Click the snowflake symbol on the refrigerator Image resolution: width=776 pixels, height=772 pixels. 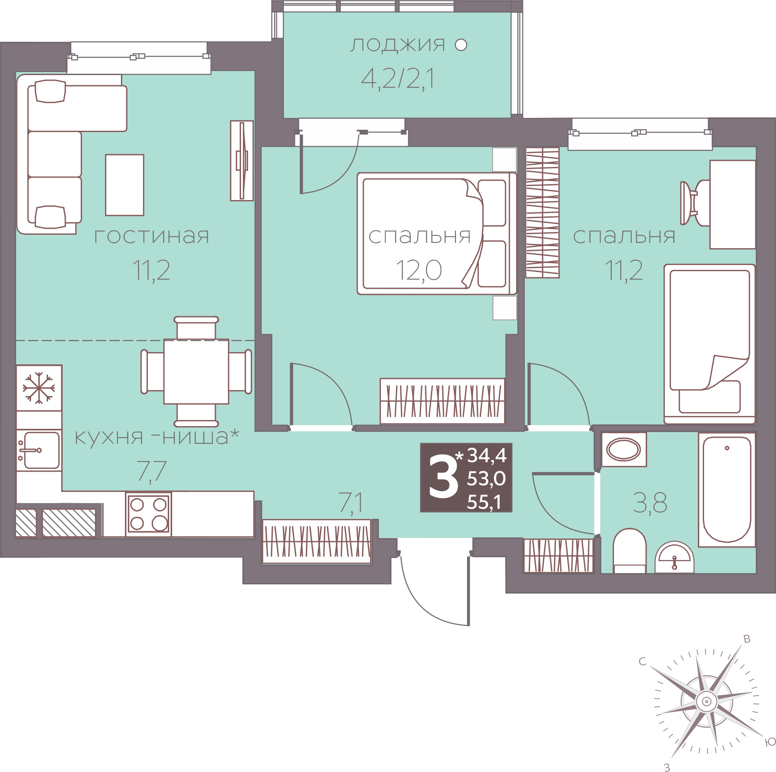point(39,388)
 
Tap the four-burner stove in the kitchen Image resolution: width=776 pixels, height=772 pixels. point(148,514)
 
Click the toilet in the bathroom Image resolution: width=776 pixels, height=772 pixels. point(630,551)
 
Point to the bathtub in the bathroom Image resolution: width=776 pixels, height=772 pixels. point(727,489)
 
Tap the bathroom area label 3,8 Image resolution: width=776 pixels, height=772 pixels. point(650,503)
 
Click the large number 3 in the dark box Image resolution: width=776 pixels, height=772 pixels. point(444,477)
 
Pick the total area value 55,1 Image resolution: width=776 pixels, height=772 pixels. point(485,502)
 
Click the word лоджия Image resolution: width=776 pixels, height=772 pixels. point(398,45)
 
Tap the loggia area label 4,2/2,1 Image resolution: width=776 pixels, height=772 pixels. point(398,79)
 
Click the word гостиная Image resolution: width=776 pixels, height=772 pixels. point(152,236)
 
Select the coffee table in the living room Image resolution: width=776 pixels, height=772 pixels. point(124,185)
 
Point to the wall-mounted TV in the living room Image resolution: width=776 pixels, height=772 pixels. point(242,160)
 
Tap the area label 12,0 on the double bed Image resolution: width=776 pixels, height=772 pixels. point(419,270)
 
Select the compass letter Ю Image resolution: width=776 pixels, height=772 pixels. point(770,742)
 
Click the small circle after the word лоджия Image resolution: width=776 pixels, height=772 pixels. point(461,45)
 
